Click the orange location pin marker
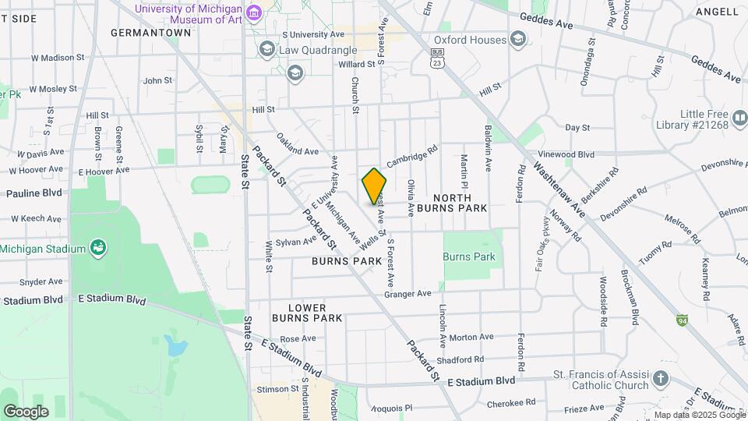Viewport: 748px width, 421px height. (374, 186)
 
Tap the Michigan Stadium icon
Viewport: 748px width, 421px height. (98, 249)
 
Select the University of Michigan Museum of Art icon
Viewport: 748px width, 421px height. (254, 13)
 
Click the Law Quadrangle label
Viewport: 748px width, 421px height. (318, 51)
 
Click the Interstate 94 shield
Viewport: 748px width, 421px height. (682, 320)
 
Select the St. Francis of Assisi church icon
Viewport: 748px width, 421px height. (661, 379)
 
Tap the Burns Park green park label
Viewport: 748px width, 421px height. (468, 256)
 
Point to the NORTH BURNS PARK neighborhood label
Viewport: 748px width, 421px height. (452, 203)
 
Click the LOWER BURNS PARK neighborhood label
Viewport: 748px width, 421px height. (307, 313)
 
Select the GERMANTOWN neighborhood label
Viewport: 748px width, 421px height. (151, 33)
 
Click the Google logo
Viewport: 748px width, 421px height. (26, 411)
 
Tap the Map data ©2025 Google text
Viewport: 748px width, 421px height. (700, 415)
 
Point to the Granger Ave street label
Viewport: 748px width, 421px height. (408, 294)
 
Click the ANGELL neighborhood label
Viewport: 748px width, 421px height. (717, 11)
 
